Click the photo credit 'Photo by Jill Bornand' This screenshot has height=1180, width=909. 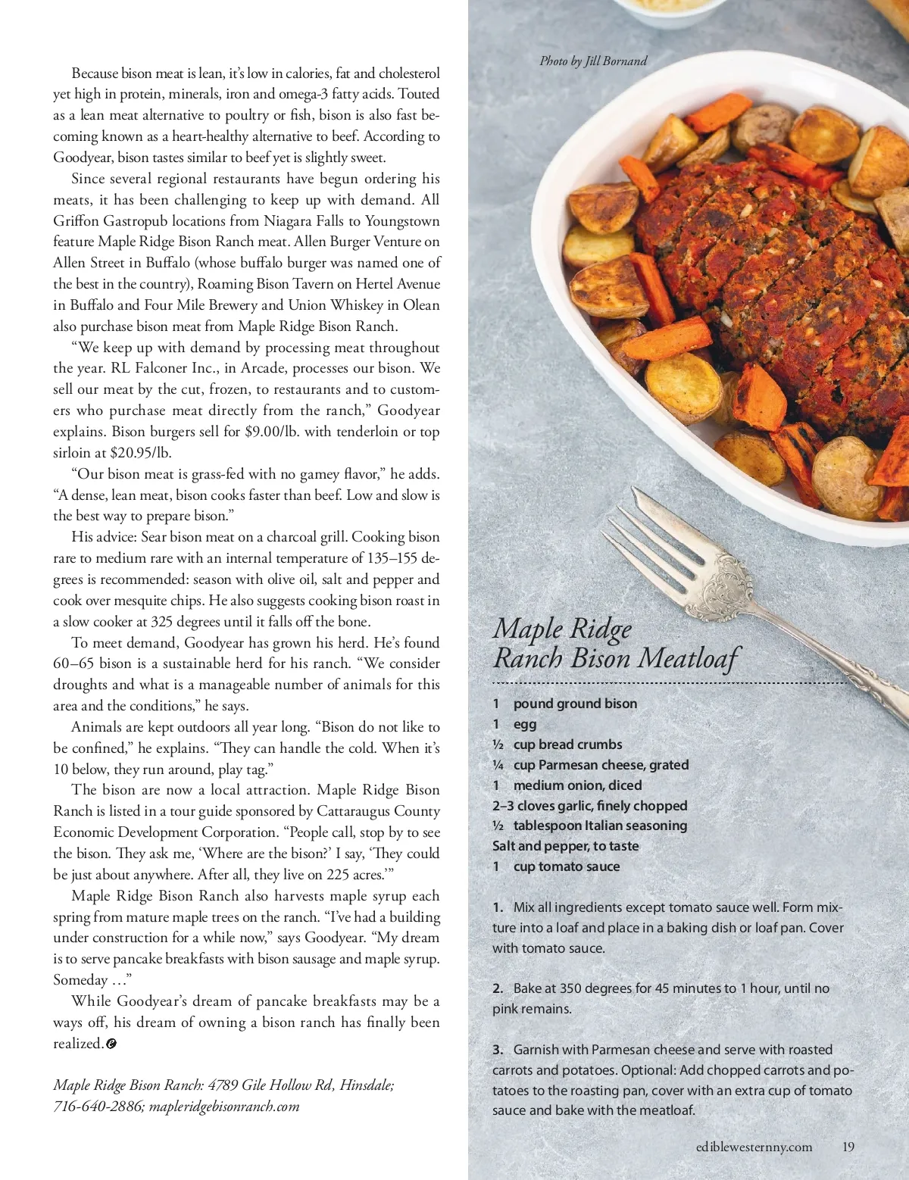click(x=593, y=61)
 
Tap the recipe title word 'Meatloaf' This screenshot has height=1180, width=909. click(x=688, y=658)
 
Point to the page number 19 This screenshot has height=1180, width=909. click(x=848, y=1147)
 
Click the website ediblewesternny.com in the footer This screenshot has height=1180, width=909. click(x=754, y=1147)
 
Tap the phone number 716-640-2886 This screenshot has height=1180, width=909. click(x=96, y=1106)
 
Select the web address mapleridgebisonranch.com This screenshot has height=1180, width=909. click(x=224, y=1106)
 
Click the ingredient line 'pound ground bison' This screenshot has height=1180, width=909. click(x=575, y=704)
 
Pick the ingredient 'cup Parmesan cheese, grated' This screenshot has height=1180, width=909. click(x=601, y=765)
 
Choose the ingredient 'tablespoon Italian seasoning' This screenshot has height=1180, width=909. click(x=600, y=826)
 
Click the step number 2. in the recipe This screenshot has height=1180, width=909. click(x=498, y=988)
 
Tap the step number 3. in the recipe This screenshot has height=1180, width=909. click(x=498, y=1050)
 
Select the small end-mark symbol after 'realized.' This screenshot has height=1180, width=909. click(x=111, y=1044)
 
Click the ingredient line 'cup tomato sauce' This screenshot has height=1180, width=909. click(x=566, y=866)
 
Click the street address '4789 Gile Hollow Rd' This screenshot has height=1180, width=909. click(x=270, y=1085)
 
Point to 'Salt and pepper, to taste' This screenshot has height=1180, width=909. click(x=565, y=846)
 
